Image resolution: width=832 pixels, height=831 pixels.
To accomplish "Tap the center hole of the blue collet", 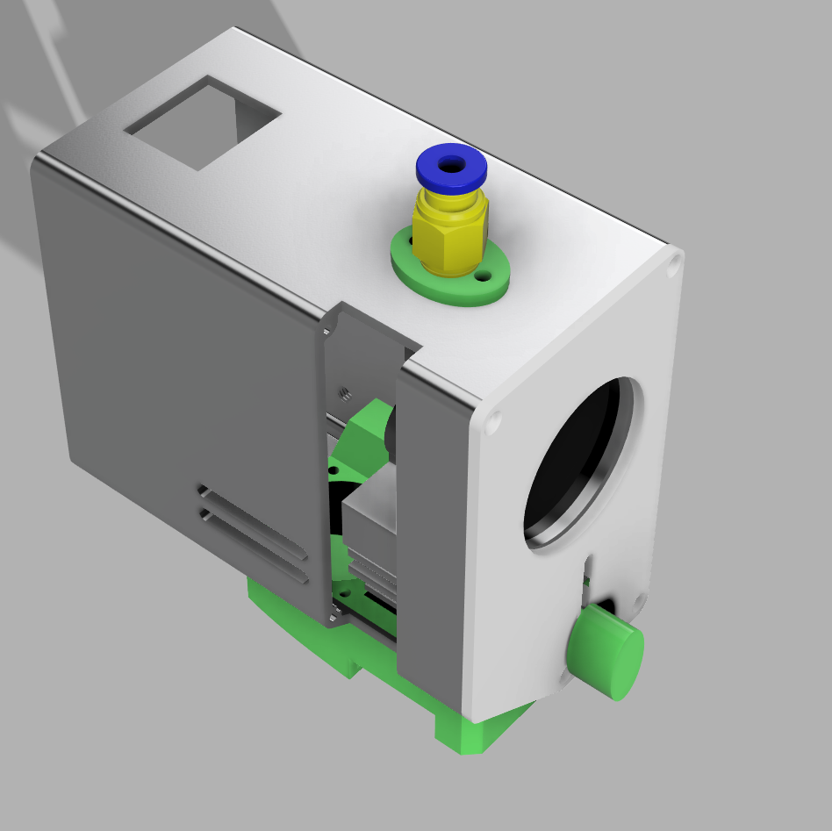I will [x=453, y=164].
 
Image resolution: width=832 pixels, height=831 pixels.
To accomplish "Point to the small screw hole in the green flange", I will [x=483, y=276].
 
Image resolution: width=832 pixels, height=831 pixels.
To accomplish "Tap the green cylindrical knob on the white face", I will [x=606, y=649].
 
